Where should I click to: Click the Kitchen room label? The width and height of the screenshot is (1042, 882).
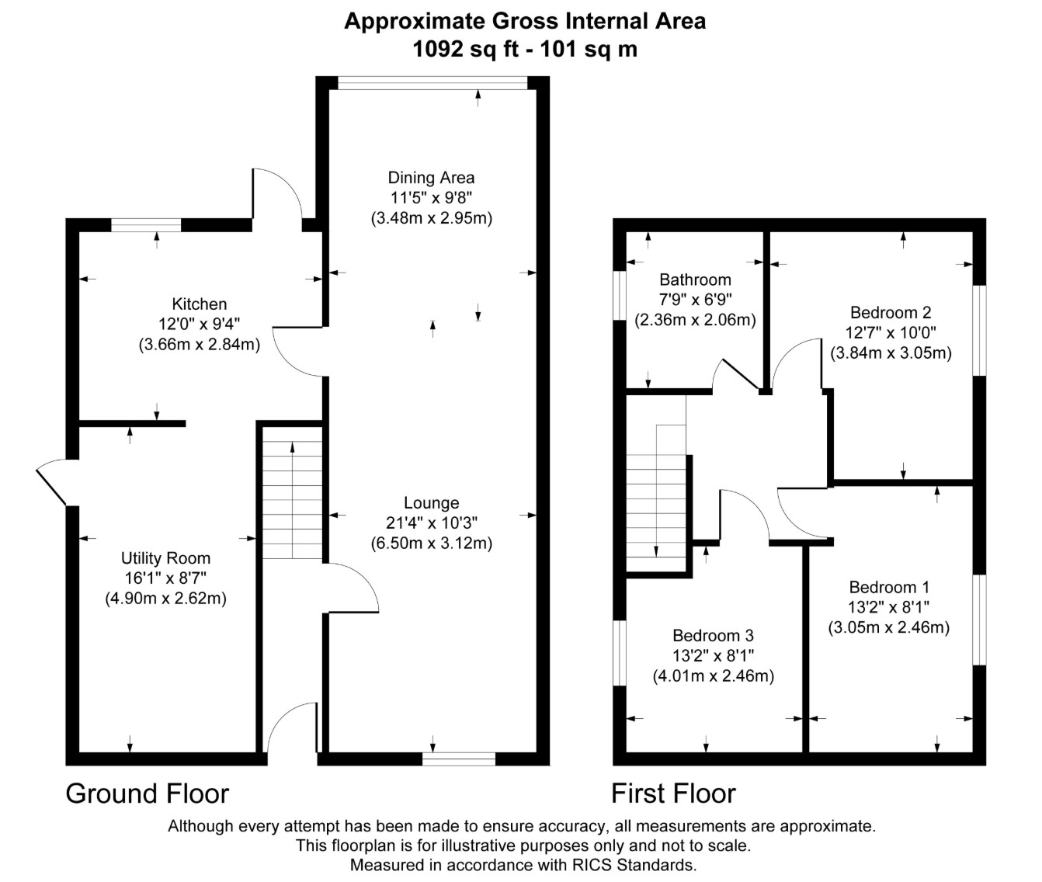[200, 304]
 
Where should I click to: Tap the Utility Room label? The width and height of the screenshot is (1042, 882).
[165, 558]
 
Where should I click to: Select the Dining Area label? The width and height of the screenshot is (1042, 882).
[431, 177]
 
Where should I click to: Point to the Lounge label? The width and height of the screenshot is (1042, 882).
[432, 502]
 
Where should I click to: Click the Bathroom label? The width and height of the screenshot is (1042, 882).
[695, 280]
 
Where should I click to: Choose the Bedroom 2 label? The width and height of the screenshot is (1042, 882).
[891, 312]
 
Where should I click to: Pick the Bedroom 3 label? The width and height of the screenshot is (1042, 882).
[714, 635]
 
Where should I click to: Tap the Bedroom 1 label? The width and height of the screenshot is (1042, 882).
[889, 587]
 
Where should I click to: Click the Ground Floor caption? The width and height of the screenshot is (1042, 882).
[148, 793]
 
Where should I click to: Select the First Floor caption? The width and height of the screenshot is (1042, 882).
[673, 793]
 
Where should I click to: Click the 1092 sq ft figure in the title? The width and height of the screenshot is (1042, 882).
[466, 50]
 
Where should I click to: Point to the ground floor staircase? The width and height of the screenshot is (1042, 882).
[293, 492]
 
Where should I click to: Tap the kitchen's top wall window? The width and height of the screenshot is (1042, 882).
[146, 225]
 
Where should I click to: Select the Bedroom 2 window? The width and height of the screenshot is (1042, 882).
[979, 331]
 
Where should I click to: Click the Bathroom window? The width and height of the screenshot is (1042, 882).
[619, 295]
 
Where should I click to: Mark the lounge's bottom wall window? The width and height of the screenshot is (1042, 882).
[459, 759]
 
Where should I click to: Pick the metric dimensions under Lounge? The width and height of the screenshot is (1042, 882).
[432, 543]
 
